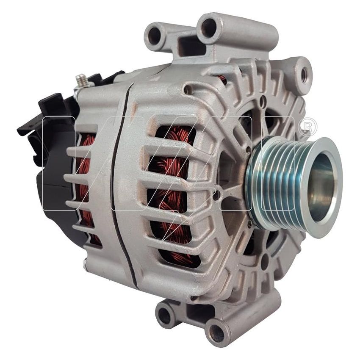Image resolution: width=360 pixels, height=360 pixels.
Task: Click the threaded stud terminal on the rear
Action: (81, 80)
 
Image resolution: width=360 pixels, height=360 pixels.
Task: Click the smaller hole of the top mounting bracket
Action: (154, 35)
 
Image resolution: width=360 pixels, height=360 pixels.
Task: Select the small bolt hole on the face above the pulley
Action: (263, 102)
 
